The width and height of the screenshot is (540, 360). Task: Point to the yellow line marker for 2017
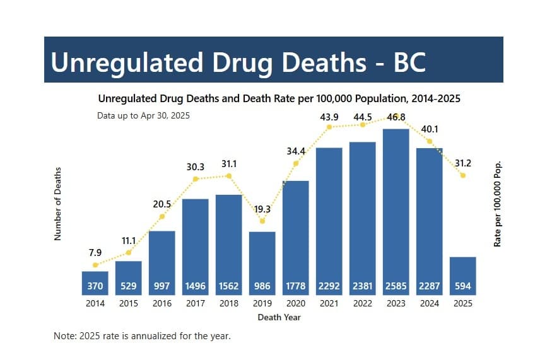coord(196,179)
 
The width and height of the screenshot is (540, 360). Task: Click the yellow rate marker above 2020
coord(296,164)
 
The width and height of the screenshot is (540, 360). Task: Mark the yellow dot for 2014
coord(95,265)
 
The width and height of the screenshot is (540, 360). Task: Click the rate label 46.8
coord(397,117)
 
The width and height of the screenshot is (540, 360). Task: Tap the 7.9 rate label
coord(95,253)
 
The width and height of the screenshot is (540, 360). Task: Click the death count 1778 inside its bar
coord(295,286)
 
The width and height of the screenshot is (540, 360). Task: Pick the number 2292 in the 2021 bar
coord(329,286)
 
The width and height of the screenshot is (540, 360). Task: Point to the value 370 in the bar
coord(95,286)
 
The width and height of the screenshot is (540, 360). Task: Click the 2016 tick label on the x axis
coord(161,304)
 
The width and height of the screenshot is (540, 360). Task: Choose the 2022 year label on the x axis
coord(362,304)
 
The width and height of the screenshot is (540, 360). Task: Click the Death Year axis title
coord(279,317)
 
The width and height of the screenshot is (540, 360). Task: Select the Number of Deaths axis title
coord(57,204)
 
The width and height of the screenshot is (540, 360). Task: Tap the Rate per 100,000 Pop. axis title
coord(498,203)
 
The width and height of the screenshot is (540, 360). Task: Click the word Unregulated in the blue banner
coord(127,62)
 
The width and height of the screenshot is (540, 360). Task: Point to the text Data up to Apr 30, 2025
coord(143,115)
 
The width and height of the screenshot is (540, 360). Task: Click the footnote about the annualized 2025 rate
coord(142,336)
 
